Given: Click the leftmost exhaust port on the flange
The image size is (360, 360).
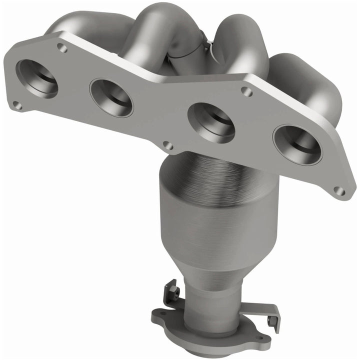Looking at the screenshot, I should tap(36, 78).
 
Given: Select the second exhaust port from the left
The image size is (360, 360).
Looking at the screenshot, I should tap(111, 97).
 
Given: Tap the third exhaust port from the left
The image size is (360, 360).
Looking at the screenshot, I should tap(211, 122).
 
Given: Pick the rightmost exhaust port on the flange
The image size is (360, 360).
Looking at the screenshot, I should tap(297, 144).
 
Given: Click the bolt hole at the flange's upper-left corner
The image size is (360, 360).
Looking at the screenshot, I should tap(62, 48).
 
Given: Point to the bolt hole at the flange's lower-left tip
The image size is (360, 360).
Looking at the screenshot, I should tap(17, 105).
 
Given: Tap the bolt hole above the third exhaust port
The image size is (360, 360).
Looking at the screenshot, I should tap(246, 91).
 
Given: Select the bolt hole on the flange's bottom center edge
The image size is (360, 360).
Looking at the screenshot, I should tap(168, 146).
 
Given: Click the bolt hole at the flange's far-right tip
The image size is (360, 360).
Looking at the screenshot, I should tap(339, 191).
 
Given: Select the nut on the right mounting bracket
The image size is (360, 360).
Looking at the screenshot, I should tap(272, 320).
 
